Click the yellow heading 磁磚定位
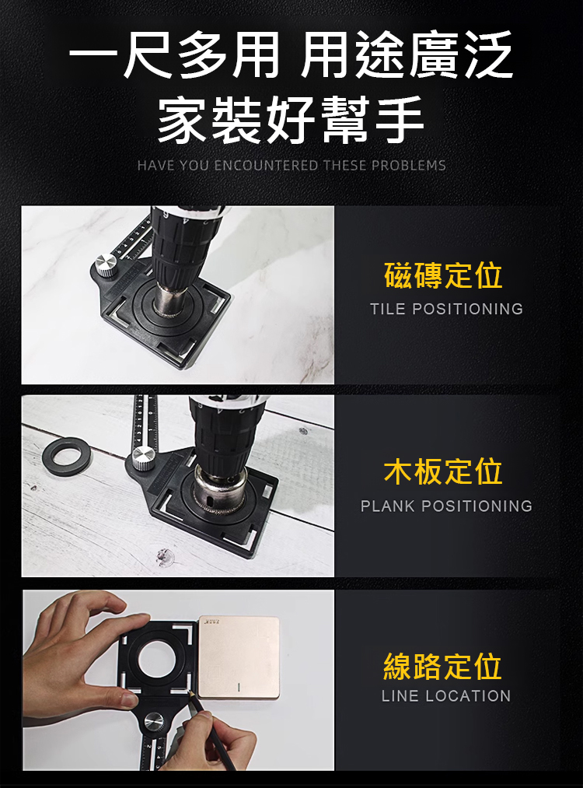tap(443, 275)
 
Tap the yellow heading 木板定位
tap(443, 471)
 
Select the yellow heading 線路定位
tap(443, 667)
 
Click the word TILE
tap(388, 309)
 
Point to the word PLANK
tap(388, 506)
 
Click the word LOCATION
tap(468, 695)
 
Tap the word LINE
tap(400, 695)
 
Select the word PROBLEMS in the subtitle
tap(409, 166)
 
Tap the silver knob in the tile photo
tap(106, 264)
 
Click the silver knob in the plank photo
tap(143, 459)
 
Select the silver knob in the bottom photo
tap(154, 723)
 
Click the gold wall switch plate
tap(239, 657)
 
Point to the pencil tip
tap(189, 692)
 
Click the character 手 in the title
tap(396, 120)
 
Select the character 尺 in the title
tap(149, 53)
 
